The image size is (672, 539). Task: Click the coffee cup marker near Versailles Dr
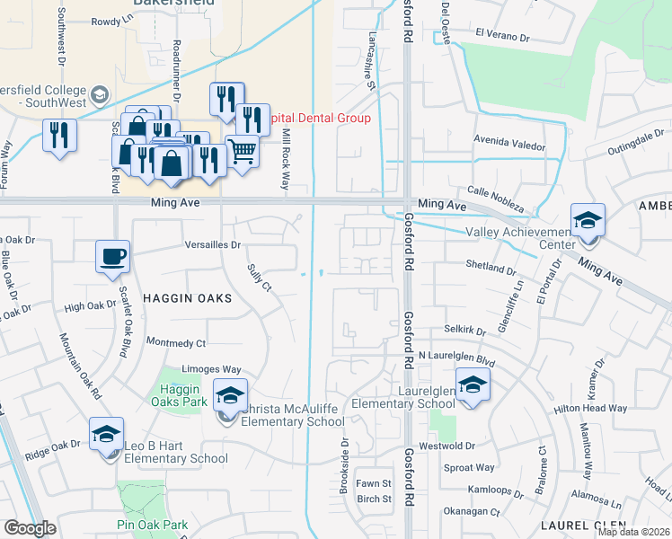point(113,257)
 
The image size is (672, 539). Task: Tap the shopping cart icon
point(242,152)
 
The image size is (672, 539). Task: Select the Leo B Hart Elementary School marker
point(106,436)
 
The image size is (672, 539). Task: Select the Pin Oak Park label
point(152,525)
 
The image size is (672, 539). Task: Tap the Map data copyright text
point(633,532)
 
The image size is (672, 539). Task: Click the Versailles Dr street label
point(212,244)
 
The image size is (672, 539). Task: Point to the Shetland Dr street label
point(491,268)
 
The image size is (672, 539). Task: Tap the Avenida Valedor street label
point(510,143)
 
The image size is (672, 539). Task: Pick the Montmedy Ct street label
point(176,342)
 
